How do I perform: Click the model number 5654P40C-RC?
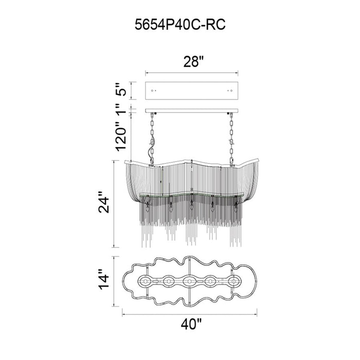180,24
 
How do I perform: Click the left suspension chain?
152,139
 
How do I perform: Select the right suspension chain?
231,139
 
